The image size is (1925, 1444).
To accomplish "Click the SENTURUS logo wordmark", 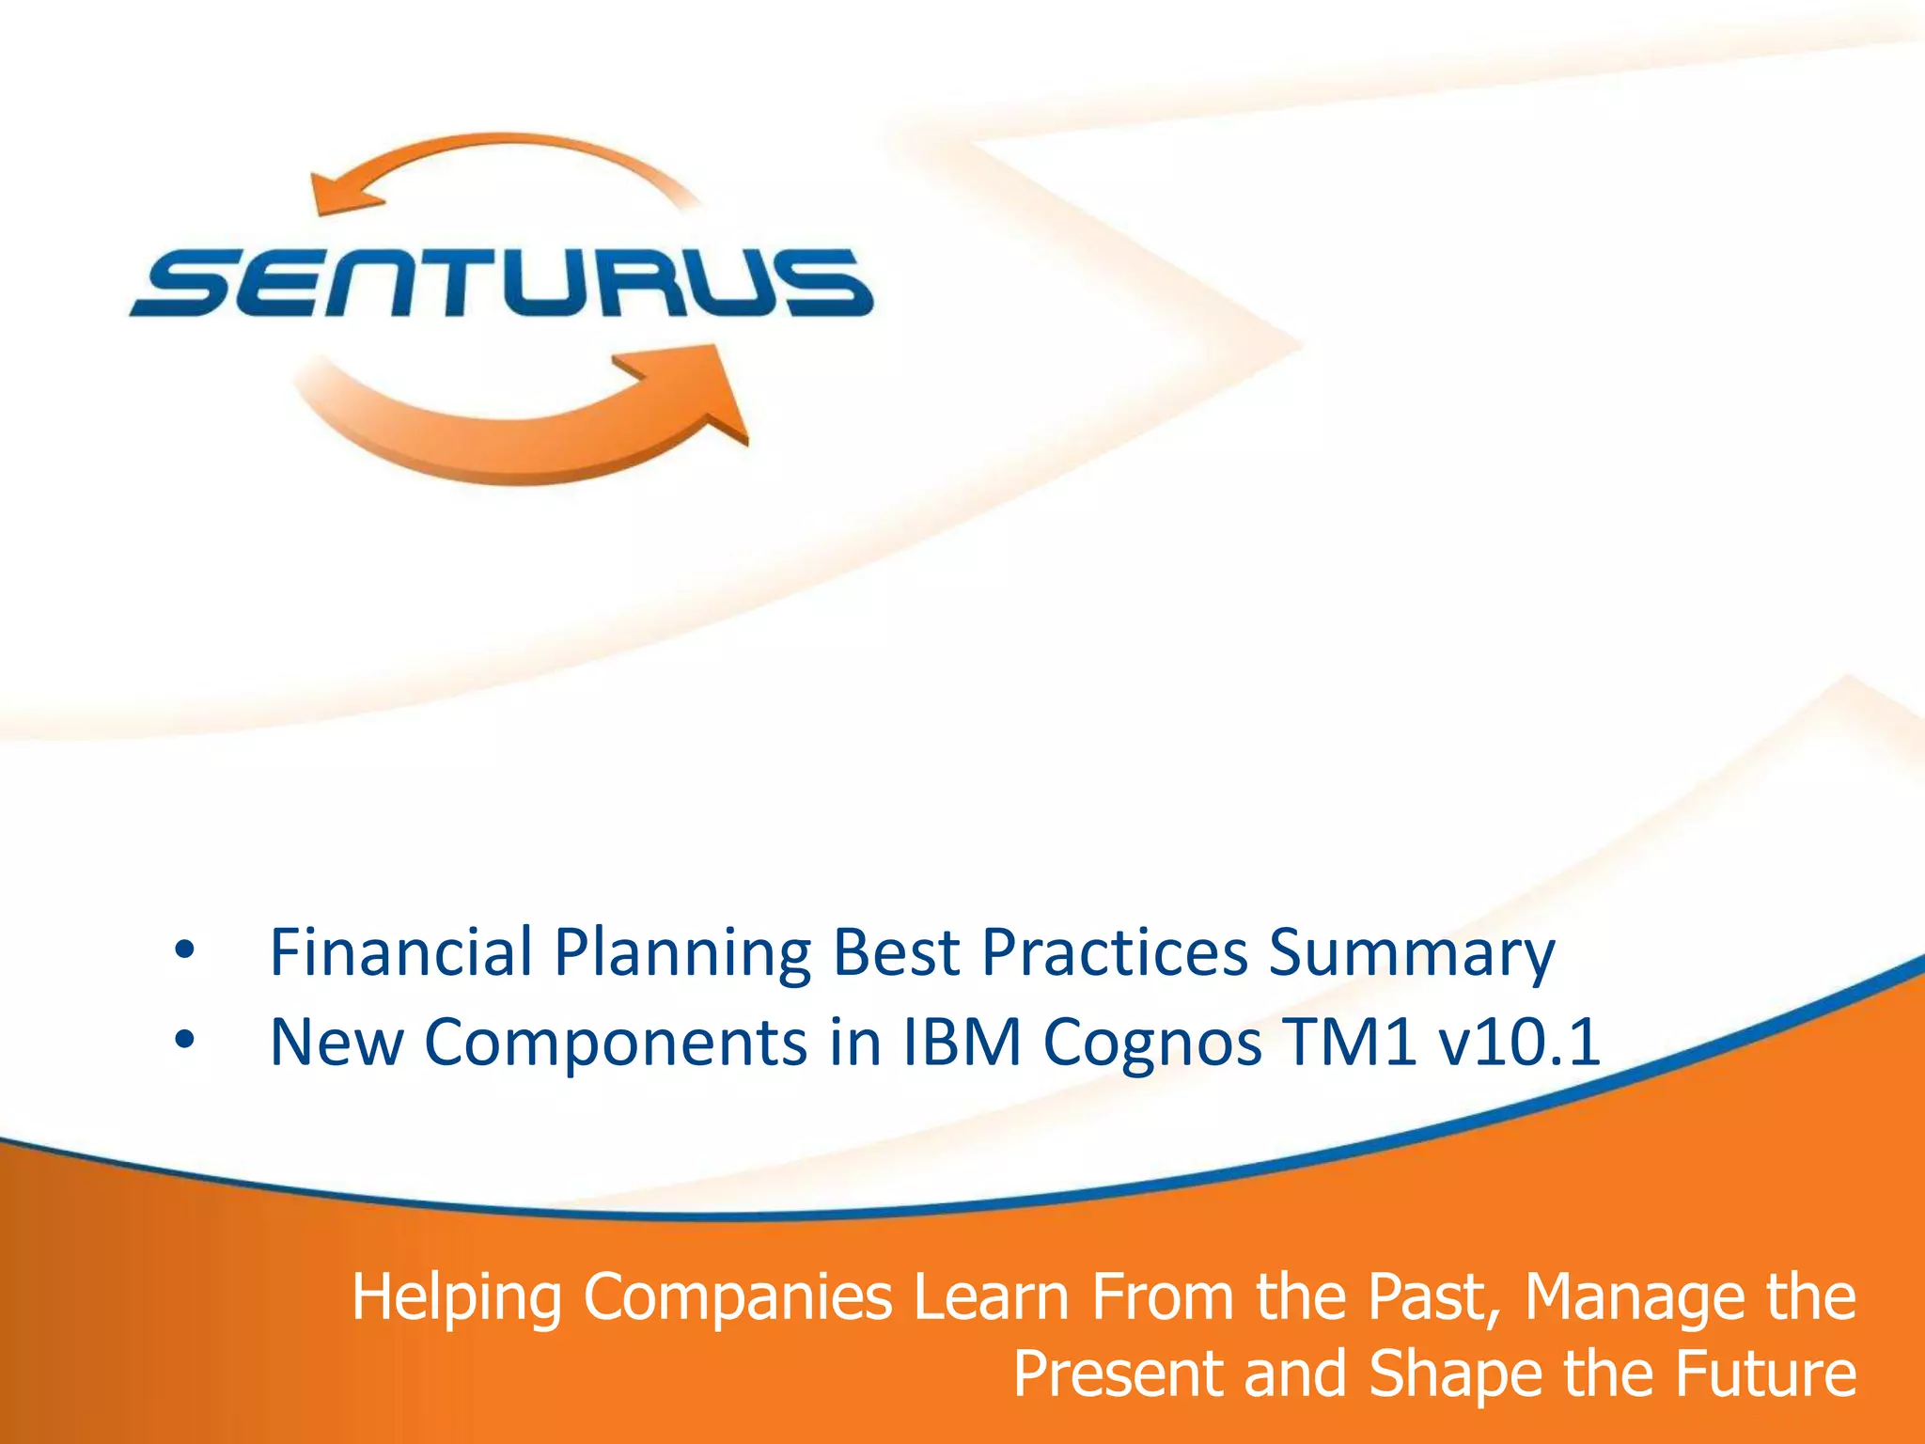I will (502, 282).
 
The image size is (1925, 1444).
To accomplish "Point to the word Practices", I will (1115, 951).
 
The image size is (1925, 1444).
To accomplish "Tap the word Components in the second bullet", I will (616, 1044).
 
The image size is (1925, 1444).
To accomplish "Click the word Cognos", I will (1152, 1044).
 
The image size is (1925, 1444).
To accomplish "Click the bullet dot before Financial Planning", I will (184, 951).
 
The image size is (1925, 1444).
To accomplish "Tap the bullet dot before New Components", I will (184, 1041).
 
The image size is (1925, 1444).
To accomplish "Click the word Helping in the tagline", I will (456, 1298).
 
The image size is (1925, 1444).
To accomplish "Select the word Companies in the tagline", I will (738, 1298).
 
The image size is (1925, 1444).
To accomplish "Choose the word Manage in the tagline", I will (1632, 1298).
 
